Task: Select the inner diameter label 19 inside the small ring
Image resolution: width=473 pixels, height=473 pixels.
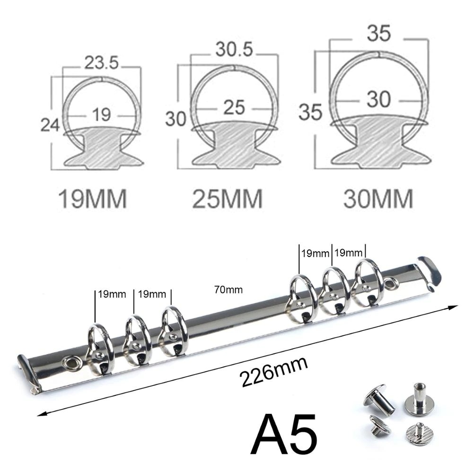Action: tap(102, 114)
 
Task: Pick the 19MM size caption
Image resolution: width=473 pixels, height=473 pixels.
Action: tap(92, 199)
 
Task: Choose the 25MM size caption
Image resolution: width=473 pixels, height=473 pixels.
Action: tap(227, 199)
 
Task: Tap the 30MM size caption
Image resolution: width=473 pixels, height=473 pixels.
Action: tap(378, 199)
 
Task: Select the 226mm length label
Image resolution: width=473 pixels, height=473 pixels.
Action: tap(274, 372)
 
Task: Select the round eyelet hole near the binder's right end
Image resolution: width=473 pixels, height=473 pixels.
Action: tap(391, 284)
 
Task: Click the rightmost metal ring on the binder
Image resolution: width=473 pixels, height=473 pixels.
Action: tap(368, 281)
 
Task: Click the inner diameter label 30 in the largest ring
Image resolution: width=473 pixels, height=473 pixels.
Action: tap(378, 99)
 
